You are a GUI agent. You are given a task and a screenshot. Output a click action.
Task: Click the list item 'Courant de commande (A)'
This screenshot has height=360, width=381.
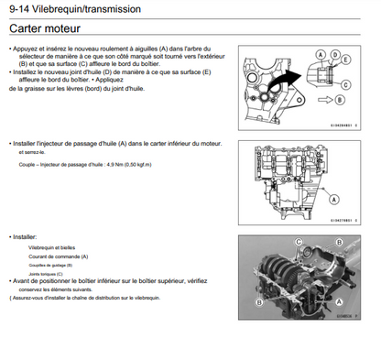[x=57, y=257]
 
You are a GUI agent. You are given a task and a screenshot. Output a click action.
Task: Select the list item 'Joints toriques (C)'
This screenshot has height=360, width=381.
[x=47, y=274]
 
